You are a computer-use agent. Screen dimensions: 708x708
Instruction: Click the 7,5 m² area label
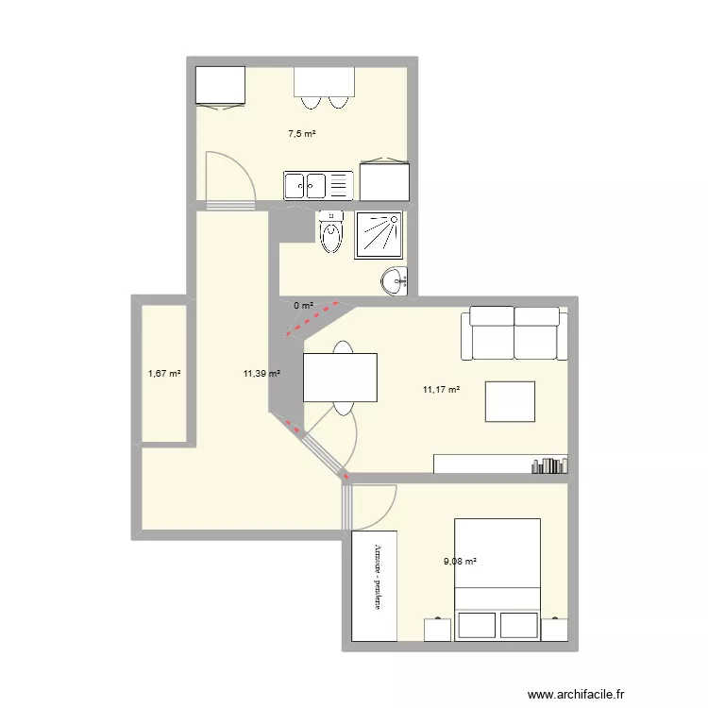point(302,134)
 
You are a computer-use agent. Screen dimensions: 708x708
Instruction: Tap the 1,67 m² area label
point(164,373)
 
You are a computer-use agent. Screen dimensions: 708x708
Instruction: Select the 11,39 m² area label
point(261,373)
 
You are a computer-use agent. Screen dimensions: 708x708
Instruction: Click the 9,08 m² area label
point(461,561)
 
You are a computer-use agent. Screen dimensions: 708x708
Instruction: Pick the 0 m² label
point(303,305)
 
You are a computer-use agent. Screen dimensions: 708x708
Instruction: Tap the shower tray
point(379,234)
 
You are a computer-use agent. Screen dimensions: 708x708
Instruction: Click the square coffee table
point(510,401)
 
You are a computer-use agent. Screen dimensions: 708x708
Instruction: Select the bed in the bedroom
point(497,578)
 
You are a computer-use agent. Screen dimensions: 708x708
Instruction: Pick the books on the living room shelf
point(548,464)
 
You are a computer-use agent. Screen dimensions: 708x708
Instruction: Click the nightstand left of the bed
point(437,630)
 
